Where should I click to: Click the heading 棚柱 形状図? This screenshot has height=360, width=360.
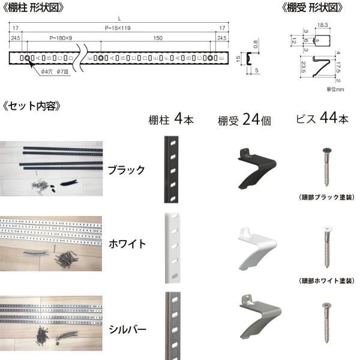[x=33, y=8]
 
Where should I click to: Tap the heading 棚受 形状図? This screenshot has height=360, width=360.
[x=312, y=8]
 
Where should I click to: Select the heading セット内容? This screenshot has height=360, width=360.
[x=32, y=106]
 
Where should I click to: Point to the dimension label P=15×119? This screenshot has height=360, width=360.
[x=118, y=28]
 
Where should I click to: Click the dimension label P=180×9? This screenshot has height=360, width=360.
[x=61, y=38]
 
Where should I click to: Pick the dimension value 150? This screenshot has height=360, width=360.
[x=158, y=38]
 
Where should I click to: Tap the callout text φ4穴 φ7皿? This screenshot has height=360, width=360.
[x=55, y=71]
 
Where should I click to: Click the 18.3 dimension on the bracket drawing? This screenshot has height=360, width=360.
[x=322, y=25]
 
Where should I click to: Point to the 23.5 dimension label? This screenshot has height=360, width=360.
[x=303, y=67]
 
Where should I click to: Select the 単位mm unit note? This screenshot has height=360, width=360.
[x=335, y=89]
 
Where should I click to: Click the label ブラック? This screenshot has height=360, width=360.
[x=126, y=170]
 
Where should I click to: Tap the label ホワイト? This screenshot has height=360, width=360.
[x=127, y=244]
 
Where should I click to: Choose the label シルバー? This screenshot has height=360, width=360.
[x=127, y=329]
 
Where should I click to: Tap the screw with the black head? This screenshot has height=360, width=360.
[x=327, y=167]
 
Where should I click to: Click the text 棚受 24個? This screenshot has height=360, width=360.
[x=244, y=119]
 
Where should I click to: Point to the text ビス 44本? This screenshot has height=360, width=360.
[x=322, y=118]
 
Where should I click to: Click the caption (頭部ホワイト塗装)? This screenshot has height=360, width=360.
[x=327, y=281]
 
